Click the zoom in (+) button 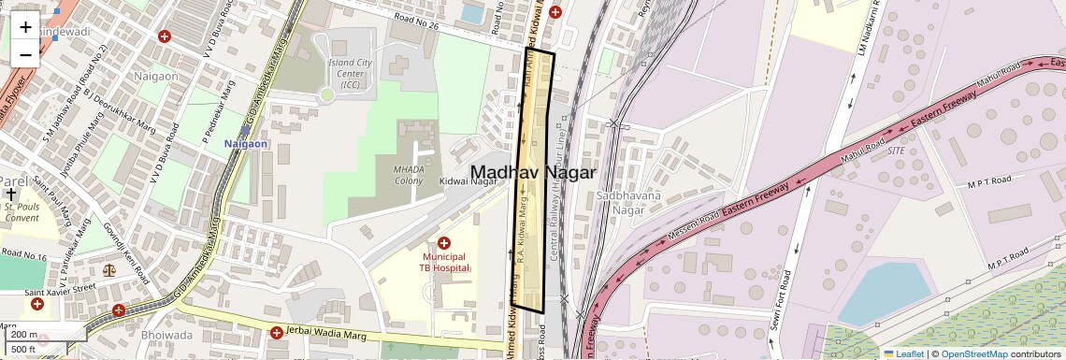pyautogui.click(x=25, y=26)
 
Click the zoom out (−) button pyautogui.click(x=25, y=54)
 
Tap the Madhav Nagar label pyautogui.click(x=533, y=173)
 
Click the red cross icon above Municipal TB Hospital pyautogui.click(x=444, y=243)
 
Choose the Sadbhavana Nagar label pyautogui.click(x=629, y=203)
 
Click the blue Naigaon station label pyautogui.click(x=246, y=144)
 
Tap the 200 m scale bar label pyautogui.click(x=24, y=335)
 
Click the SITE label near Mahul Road pyautogui.click(x=896, y=150)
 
